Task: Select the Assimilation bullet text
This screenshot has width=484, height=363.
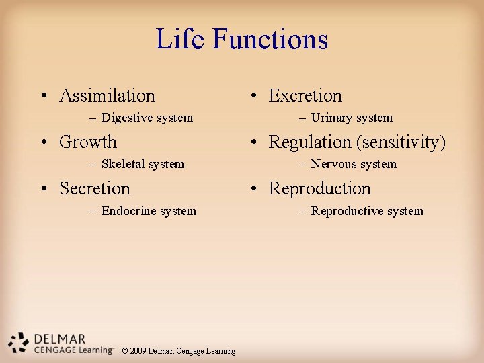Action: click(x=107, y=96)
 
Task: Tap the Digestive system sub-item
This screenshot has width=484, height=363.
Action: click(x=147, y=118)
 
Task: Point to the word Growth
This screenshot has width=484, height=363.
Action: click(x=88, y=143)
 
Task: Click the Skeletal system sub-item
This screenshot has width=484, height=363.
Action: click(x=143, y=164)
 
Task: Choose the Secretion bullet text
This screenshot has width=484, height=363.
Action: click(x=95, y=189)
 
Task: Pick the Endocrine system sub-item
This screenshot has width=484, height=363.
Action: click(x=149, y=211)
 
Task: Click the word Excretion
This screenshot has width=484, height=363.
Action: click(x=305, y=96)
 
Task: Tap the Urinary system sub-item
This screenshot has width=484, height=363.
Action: click(x=352, y=118)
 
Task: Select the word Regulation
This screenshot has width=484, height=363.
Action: click(x=310, y=143)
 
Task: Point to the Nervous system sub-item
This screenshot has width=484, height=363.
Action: click(x=354, y=164)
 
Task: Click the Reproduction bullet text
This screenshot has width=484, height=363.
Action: click(x=320, y=189)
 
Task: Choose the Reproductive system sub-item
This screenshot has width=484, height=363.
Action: click(x=367, y=211)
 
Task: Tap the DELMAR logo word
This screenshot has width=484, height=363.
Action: click(x=58, y=339)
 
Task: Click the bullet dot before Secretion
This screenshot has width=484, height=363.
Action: click(x=42, y=190)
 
